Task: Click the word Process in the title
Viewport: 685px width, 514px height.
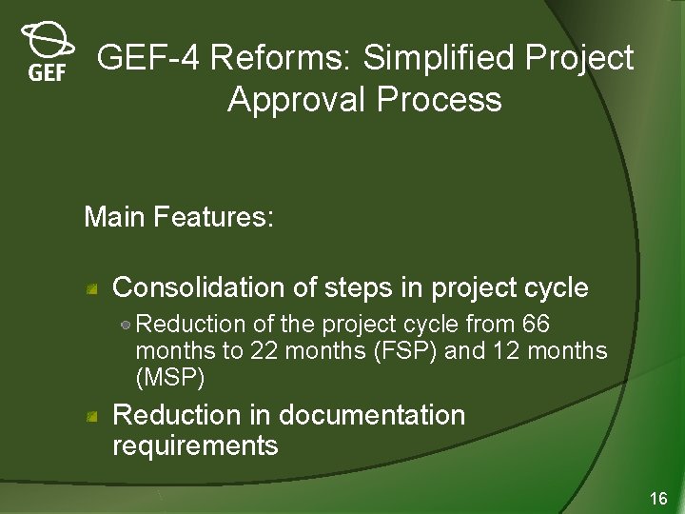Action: pos(450,99)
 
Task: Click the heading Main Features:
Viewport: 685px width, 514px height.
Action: pos(179,217)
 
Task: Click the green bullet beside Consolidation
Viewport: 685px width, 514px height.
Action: pos(92,288)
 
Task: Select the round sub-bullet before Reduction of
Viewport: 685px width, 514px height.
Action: pos(127,326)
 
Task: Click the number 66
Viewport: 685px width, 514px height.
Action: pos(536,325)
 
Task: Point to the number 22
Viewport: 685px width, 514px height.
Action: pos(264,351)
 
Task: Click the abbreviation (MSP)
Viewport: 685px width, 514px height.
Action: pos(170,378)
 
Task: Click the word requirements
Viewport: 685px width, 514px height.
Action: pos(195,445)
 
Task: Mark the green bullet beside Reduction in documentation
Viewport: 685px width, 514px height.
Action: pos(92,416)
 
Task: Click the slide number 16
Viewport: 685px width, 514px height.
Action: pos(658,498)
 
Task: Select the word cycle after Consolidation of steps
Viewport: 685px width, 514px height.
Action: pos(557,287)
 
